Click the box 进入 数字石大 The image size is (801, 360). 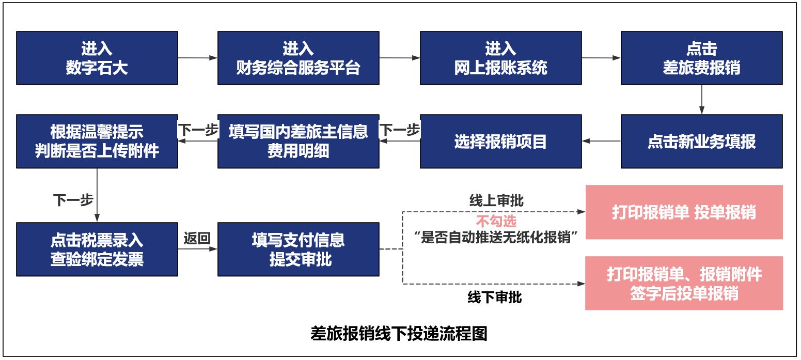pos(97,58)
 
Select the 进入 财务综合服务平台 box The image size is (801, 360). pos(298,58)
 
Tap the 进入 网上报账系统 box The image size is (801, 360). pos(500,58)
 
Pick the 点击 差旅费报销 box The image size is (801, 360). pos(701,58)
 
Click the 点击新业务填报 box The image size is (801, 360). pos(701,142)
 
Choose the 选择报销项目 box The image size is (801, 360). pos(500,142)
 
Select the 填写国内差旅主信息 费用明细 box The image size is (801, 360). pos(298,142)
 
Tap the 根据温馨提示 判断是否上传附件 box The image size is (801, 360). pos(97,142)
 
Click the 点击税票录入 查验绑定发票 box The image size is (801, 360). pos(97,249)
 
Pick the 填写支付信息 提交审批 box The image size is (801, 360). pos(298,249)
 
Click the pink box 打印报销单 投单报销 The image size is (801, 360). pos(684,212)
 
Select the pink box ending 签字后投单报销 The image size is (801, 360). pos(684,283)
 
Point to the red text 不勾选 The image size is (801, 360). pos(496,222)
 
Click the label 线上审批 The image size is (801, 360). pos(496,201)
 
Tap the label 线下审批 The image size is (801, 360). pos(494,298)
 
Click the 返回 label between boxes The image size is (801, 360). pos(197,238)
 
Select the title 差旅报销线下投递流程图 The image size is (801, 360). pos(399,334)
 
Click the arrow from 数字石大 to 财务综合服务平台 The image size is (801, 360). pos(197,58)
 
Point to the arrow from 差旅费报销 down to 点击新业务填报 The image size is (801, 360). pos(701,99)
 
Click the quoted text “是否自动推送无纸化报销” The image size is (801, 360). pos(496,237)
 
